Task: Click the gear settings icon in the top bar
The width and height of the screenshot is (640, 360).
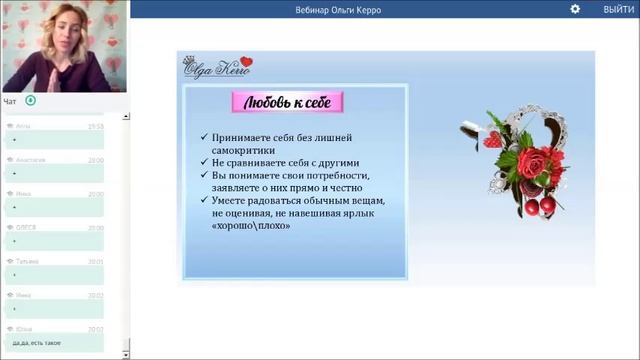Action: [575, 9]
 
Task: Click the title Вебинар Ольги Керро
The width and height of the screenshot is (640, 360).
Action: [339, 10]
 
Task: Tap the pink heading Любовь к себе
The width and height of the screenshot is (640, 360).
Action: [288, 102]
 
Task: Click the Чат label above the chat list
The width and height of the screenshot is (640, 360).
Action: [9, 101]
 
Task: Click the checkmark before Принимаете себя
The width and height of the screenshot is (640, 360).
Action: [204, 137]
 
